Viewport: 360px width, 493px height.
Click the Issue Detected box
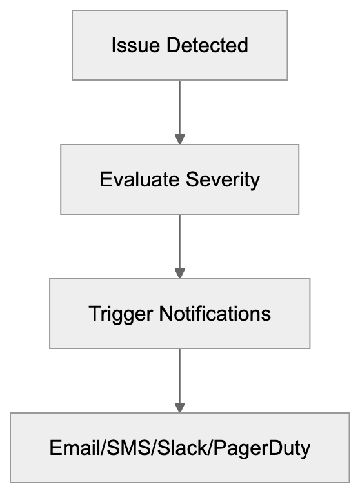(x=179, y=45)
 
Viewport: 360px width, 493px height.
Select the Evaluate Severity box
(x=179, y=179)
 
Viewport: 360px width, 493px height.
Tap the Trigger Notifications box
(x=179, y=314)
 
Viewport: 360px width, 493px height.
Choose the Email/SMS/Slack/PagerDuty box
(x=179, y=448)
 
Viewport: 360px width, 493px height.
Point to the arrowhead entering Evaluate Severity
(x=179, y=139)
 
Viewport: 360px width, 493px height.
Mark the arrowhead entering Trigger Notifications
(x=179, y=273)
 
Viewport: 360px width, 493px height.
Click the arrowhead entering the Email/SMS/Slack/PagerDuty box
(x=179, y=407)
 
